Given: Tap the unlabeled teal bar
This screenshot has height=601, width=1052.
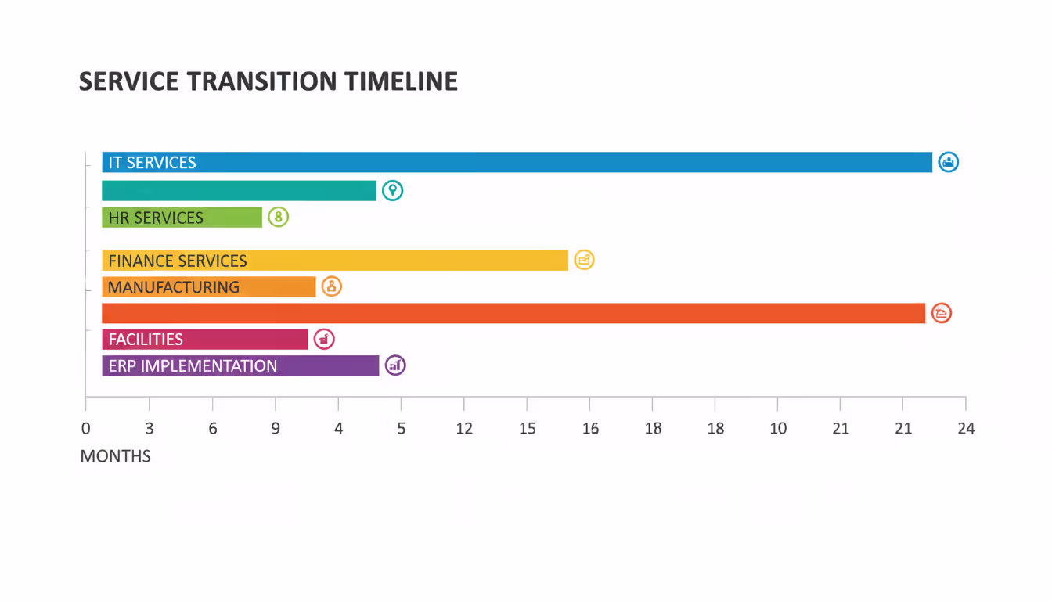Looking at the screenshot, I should pos(239,190).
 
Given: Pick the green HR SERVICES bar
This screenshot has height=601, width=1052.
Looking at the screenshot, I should pos(182,217).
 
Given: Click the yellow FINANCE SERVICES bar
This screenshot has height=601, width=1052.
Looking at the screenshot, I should pos(335,261).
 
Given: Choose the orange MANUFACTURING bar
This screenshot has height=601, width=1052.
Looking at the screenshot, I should pos(208,286).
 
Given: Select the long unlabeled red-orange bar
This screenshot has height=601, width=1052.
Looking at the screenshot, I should pos(513,313).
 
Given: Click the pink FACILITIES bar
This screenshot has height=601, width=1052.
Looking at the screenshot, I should pos(204,339).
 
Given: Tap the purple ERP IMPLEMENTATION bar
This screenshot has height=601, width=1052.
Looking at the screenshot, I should pos(240,365).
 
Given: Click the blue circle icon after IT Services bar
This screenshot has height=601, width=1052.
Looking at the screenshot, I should pos(948,162).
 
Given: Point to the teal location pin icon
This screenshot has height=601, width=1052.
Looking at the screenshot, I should pos(392,190).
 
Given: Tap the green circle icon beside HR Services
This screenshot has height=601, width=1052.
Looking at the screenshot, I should pos(278,217).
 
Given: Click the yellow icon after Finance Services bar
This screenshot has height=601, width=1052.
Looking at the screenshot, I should pos(584,260).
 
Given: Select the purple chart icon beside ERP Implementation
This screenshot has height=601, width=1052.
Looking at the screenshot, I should pos(395,365).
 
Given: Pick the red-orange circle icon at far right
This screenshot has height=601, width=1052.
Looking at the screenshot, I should pos(941,313).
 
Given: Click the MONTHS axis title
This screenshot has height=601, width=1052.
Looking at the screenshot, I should pos(115,456).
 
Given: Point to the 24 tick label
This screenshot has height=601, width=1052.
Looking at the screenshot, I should pos(966,429).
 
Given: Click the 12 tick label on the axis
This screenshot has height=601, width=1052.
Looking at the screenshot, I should pos(464,429).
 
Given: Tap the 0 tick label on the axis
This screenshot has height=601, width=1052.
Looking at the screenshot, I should pos(86,429).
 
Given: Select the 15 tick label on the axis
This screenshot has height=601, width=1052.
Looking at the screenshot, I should pos(527,429).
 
